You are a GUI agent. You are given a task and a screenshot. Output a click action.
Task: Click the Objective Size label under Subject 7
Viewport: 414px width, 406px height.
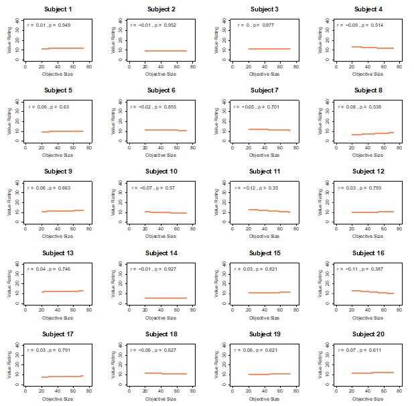tap(264, 155)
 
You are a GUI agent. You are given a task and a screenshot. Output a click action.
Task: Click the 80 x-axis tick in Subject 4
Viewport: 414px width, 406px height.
tap(399, 67)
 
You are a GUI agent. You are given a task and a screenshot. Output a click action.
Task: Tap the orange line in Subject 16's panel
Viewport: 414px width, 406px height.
tap(372, 292)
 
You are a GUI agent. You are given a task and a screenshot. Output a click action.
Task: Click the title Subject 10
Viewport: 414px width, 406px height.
tap(161, 172)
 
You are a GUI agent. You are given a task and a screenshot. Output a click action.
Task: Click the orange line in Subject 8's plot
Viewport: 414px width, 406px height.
tap(372, 133)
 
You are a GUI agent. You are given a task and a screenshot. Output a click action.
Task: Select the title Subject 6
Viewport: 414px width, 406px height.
tap(161, 90)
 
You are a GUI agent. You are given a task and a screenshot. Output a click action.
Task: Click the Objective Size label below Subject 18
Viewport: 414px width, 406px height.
tap(161, 399)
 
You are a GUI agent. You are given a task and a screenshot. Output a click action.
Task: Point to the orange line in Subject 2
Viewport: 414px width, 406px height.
tap(165, 51)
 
